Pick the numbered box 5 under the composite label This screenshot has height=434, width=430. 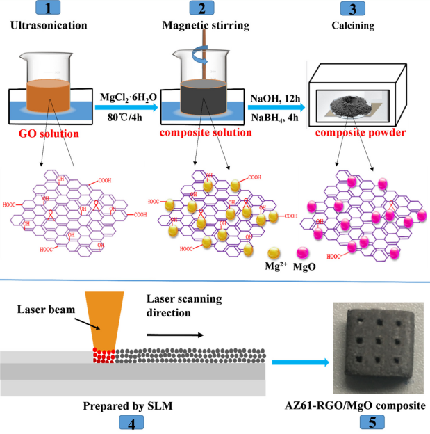pos(370,421)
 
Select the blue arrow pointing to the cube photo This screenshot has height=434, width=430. pos(298,362)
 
